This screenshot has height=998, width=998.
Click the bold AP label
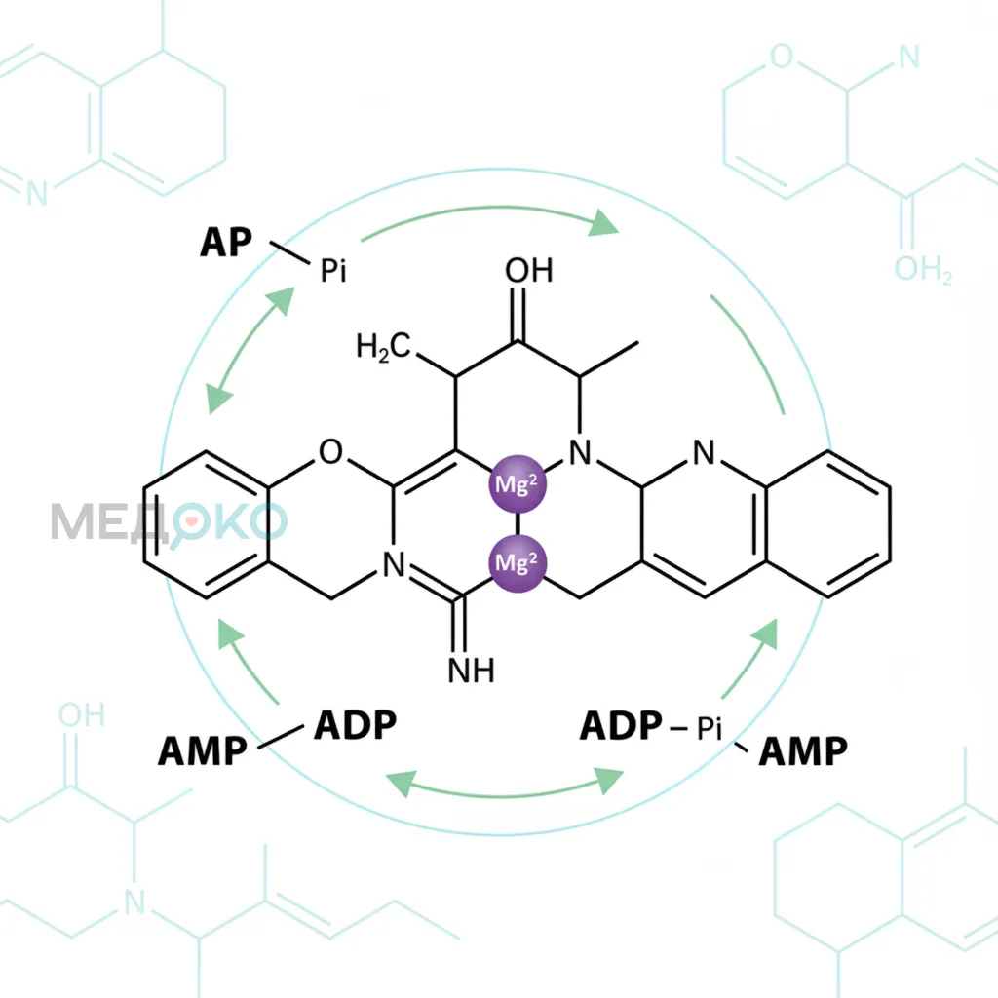226,243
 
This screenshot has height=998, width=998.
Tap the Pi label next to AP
333,271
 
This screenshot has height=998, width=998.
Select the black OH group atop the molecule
529,271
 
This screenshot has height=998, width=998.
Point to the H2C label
383,348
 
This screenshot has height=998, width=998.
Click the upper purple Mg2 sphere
518,484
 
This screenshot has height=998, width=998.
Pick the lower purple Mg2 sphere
518,563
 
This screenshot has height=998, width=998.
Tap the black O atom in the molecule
330,451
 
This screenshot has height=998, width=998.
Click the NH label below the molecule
472,671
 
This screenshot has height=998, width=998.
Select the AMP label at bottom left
203,751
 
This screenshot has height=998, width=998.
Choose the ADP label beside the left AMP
355,725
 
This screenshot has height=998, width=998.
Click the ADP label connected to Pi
621,725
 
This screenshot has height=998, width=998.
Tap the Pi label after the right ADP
710,728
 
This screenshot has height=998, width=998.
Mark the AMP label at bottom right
803,751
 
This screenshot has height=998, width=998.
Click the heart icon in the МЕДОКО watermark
192,520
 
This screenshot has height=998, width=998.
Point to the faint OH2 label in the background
923,269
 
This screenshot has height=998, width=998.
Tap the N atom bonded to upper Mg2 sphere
580,452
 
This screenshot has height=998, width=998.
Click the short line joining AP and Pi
289,252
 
